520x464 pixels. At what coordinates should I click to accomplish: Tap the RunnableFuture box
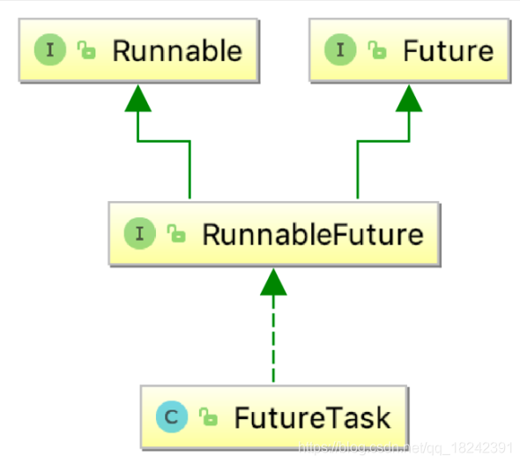(272, 235)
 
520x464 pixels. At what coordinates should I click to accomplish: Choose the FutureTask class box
(273, 416)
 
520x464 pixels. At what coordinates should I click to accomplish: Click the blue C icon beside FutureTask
(171, 417)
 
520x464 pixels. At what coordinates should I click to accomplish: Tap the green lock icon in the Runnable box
(86, 51)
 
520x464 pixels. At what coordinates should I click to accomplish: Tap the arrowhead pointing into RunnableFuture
(273, 282)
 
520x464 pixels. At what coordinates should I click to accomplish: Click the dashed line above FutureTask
(273, 344)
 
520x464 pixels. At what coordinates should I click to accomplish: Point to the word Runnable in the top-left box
(176, 50)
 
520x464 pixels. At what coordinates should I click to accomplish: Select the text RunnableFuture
(312, 235)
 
